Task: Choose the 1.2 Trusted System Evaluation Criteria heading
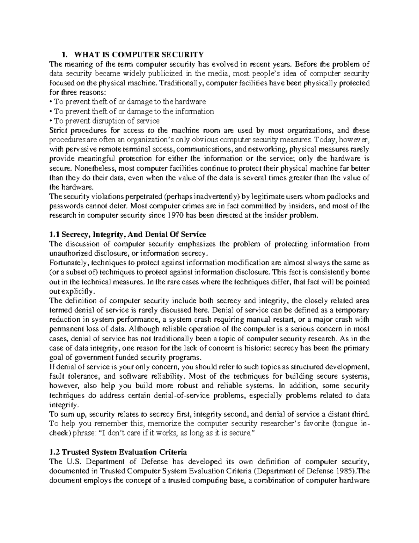(118, 452)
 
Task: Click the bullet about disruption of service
(105, 121)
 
